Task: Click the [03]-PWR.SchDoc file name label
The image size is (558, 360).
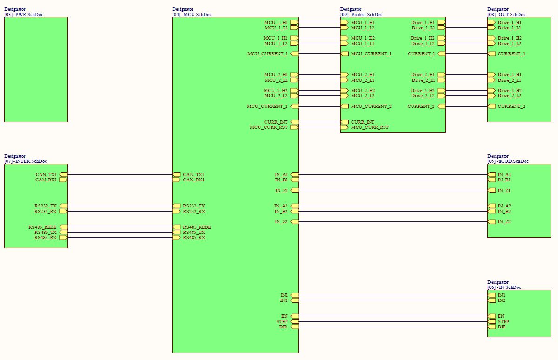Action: (x=24, y=15)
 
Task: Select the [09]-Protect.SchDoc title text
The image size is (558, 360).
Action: (x=361, y=15)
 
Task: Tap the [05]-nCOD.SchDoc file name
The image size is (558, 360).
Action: (x=508, y=161)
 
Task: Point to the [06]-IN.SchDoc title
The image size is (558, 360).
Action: (x=504, y=287)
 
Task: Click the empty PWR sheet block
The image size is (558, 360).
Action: (x=36, y=69)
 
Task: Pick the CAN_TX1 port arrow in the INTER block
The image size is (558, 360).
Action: (x=64, y=174)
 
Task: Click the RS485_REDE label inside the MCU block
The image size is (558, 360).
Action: (x=197, y=227)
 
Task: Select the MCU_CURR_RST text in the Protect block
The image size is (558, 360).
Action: (x=370, y=127)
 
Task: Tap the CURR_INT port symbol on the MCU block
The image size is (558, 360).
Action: (x=294, y=122)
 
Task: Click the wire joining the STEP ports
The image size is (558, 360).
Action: (x=393, y=321)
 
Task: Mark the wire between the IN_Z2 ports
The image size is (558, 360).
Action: (x=393, y=221)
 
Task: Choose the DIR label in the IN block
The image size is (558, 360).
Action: (x=502, y=327)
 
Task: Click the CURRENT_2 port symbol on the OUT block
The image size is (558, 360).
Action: (x=492, y=107)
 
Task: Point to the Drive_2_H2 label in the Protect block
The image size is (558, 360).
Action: (x=423, y=90)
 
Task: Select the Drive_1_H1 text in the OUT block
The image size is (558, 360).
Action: (x=510, y=23)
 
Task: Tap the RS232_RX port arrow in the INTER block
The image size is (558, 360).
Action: (x=64, y=211)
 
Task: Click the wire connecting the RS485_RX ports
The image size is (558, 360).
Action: (x=120, y=237)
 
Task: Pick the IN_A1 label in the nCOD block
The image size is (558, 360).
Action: (x=504, y=174)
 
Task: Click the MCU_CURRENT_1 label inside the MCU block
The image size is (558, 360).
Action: (x=267, y=54)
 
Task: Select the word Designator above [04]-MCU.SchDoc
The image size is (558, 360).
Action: (x=183, y=9)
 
